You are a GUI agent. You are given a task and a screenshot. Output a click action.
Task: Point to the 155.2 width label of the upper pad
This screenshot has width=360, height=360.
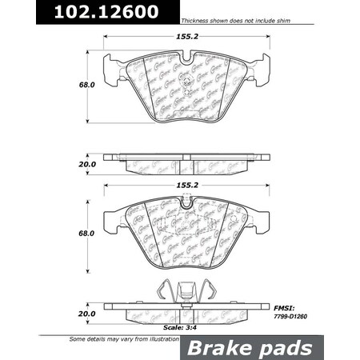click(x=185, y=37)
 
